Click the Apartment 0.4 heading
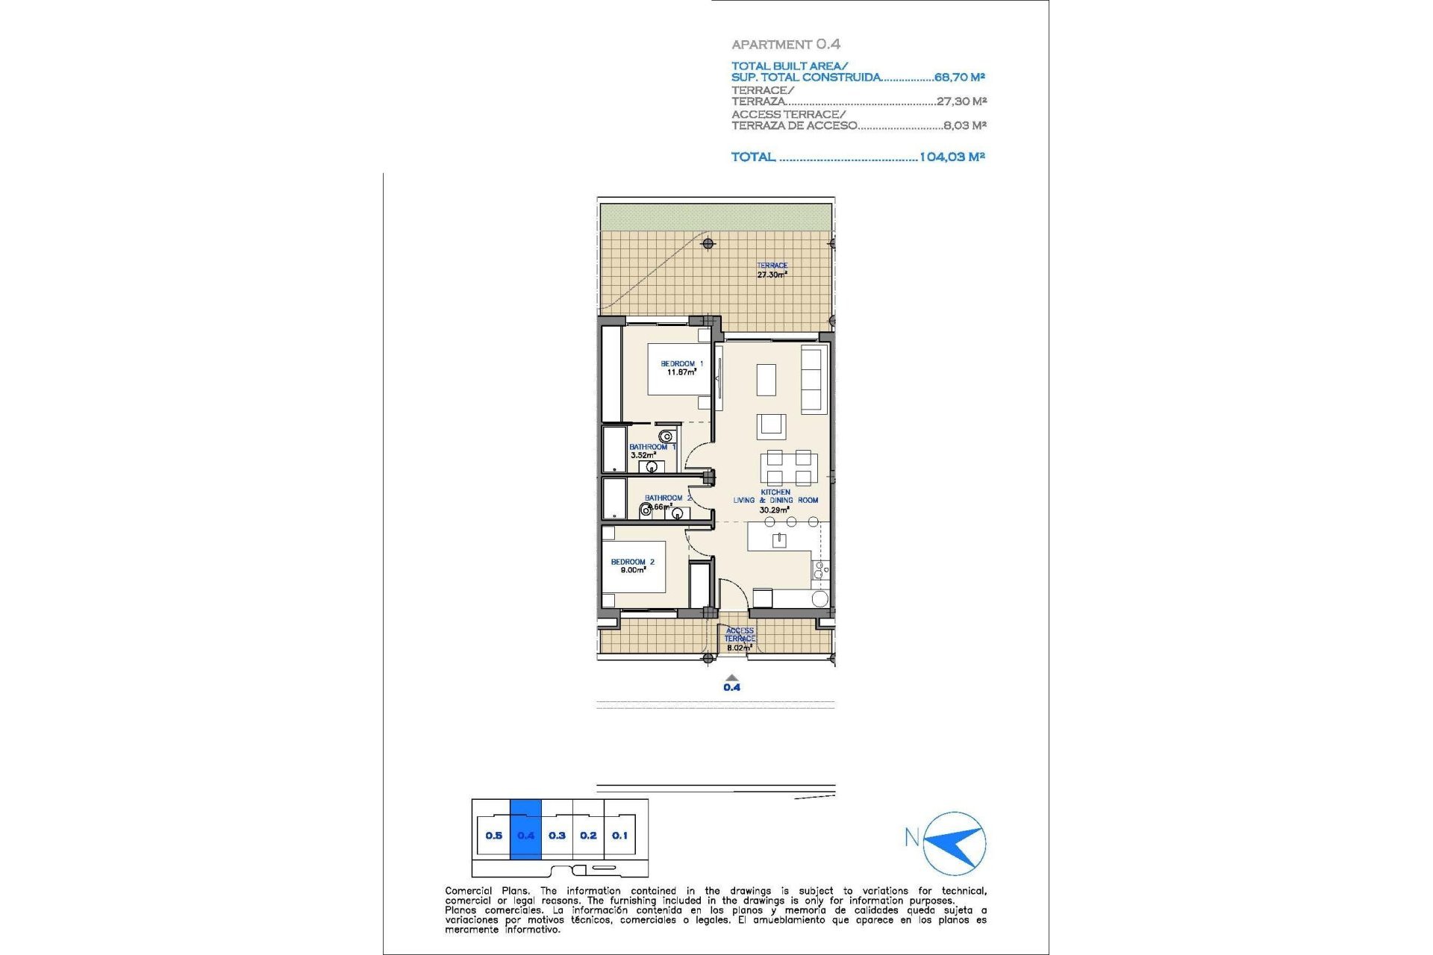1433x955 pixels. (785, 45)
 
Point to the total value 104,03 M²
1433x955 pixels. (952, 157)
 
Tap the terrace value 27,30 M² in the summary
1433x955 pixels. (961, 101)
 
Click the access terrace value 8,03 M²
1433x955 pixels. (964, 125)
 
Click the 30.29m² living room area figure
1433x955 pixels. (774, 510)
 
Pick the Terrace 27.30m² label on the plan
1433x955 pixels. (772, 270)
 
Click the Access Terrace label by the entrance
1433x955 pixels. (740, 635)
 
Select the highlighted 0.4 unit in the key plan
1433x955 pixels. (525, 836)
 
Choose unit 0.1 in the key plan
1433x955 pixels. (619, 836)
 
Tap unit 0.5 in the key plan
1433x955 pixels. (493, 836)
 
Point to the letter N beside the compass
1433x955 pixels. (911, 837)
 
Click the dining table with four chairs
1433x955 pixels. (789, 468)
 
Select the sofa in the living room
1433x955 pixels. (812, 378)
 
